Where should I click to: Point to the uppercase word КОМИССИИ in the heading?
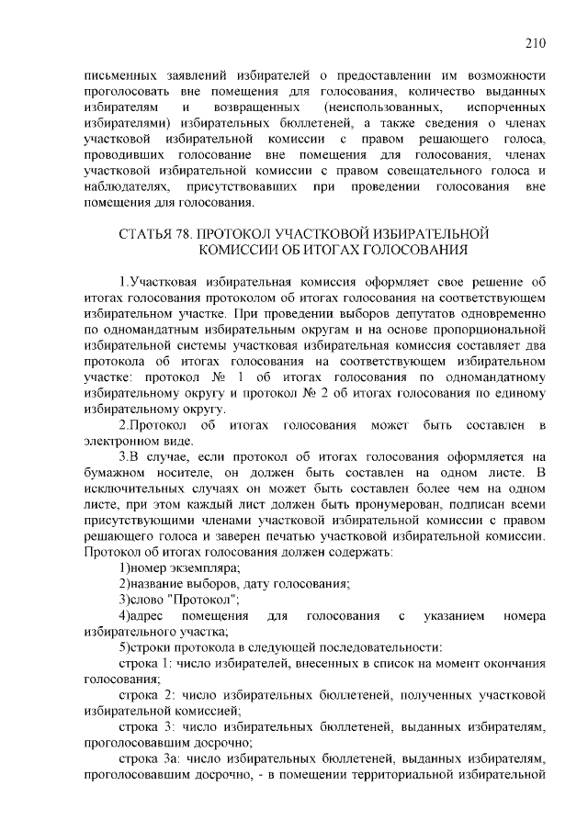238,250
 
